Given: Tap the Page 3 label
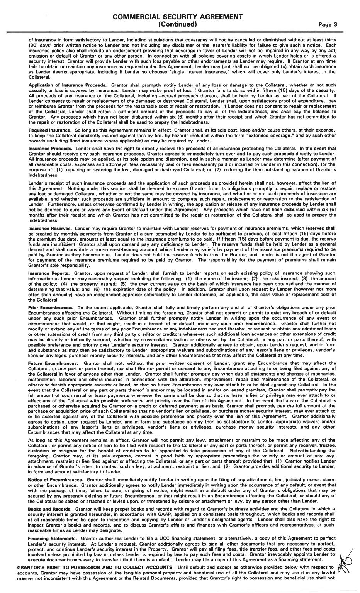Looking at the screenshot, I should [x=328, y=24].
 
